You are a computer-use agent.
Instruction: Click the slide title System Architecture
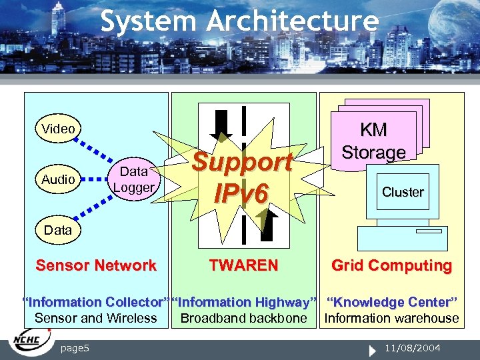point(239,21)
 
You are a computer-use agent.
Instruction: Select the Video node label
point(58,129)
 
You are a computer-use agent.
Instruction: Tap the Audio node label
point(58,179)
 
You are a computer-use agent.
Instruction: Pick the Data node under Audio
point(57,230)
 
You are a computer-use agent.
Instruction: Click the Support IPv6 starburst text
point(242,177)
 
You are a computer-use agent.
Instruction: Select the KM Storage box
point(373,141)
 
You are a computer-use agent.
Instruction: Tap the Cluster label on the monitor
point(403,192)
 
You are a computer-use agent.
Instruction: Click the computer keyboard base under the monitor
point(402,238)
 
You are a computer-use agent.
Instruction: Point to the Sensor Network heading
point(96,265)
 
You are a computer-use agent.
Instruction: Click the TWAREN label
point(243,265)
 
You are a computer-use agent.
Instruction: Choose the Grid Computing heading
point(392,265)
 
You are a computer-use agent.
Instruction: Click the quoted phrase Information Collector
point(95,303)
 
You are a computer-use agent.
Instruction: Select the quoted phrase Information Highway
point(243,303)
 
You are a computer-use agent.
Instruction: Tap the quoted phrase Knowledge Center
point(392,303)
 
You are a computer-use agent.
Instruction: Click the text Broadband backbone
point(243,318)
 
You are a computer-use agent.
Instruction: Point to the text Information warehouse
point(392,318)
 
